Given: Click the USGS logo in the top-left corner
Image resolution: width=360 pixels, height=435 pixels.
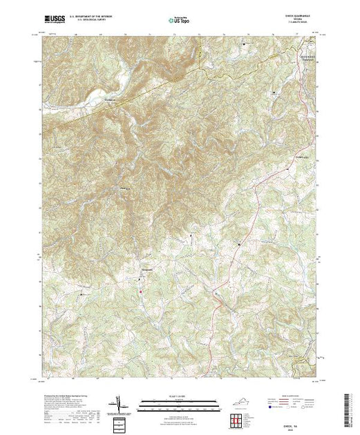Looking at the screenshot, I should [53, 20].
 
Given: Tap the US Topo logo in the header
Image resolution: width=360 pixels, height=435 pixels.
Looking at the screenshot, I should [180, 20].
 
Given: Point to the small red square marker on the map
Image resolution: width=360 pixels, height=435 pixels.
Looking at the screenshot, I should [140, 291].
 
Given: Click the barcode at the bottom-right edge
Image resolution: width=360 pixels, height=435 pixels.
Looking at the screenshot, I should [351, 407].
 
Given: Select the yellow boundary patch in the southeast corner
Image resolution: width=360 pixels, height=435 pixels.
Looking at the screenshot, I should [303, 360].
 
